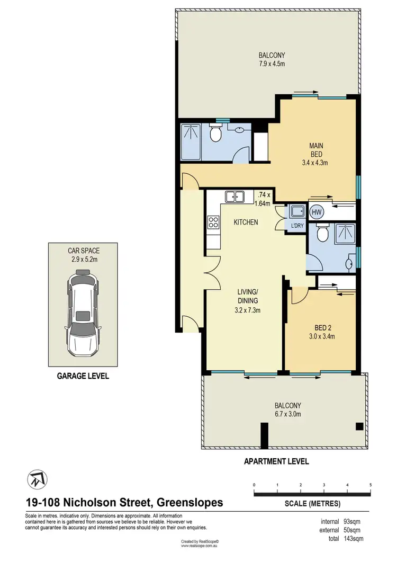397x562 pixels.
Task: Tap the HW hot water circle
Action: pyautogui.click(x=317, y=212)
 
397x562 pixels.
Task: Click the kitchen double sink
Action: pyautogui.click(x=233, y=197)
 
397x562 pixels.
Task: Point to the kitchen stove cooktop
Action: pyautogui.click(x=213, y=222)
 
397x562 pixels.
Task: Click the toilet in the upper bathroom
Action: pyautogui.click(x=215, y=135)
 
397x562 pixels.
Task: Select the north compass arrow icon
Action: pyautogui.click(x=35, y=480)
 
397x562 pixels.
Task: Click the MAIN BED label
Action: pyautogui.click(x=317, y=149)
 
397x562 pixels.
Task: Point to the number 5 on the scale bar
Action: pyautogui.click(x=371, y=485)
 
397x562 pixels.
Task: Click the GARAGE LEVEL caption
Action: pyautogui.click(x=83, y=376)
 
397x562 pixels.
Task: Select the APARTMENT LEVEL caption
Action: pyautogui.click(x=276, y=461)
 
